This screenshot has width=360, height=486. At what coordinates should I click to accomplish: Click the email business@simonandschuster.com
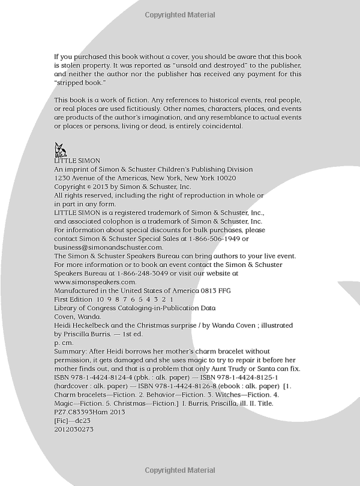109,247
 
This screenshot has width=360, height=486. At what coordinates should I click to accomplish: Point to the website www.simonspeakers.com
95,281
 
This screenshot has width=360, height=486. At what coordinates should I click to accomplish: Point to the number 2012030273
74,429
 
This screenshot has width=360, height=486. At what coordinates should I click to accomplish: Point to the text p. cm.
62,342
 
